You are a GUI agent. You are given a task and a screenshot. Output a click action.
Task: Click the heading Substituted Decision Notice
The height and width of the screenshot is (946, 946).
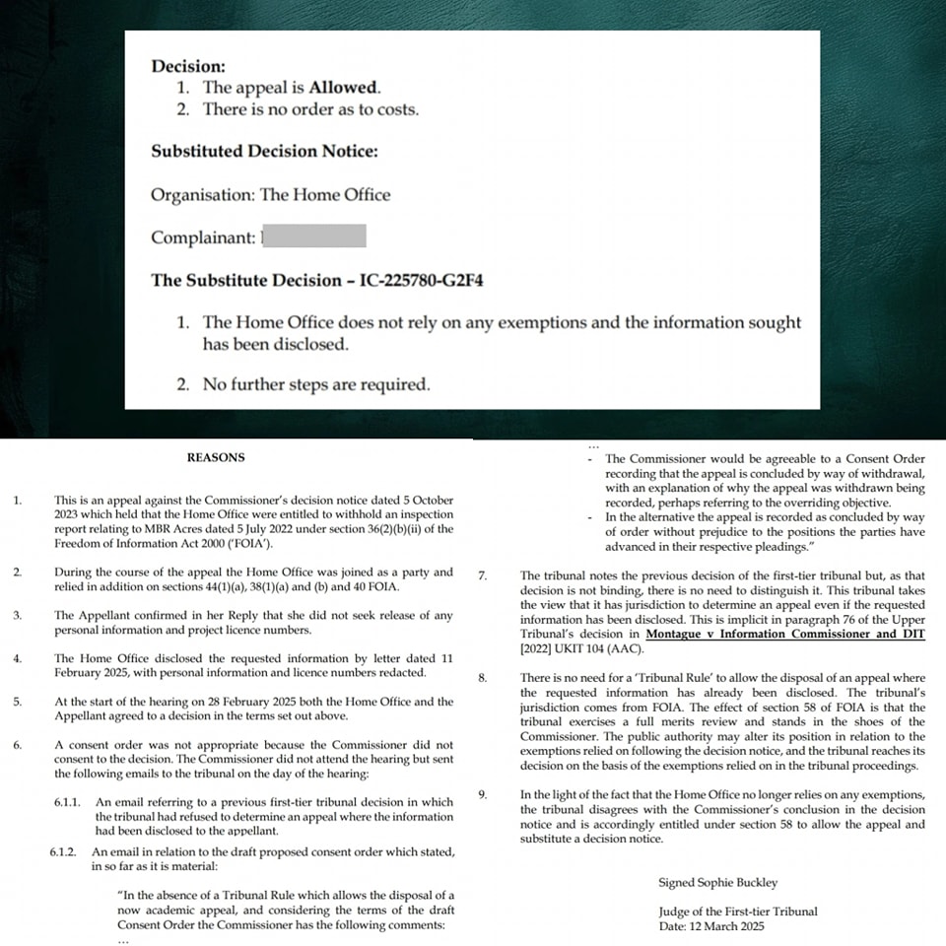264,152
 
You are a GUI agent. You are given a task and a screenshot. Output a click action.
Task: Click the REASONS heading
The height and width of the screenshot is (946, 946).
216,457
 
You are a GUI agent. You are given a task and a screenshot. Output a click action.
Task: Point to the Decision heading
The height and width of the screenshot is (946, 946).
187,66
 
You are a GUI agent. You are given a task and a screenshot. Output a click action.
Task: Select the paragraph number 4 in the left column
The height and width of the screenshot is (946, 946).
18,658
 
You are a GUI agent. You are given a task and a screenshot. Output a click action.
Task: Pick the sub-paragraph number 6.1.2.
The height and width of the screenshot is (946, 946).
68,850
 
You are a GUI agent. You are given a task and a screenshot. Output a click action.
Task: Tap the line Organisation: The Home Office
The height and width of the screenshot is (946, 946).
270,194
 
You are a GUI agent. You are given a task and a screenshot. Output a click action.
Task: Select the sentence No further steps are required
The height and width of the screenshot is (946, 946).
316,384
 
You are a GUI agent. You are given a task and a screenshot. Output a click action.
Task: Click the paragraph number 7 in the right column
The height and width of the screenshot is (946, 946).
481,575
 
